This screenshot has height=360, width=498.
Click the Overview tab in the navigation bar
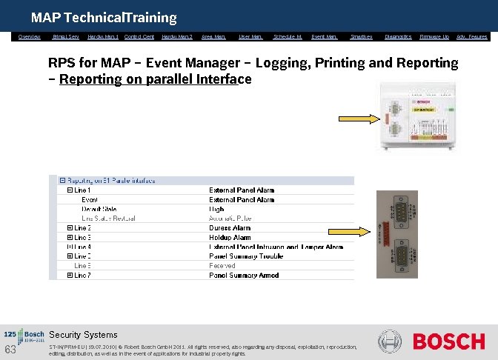click(x=30, y=36)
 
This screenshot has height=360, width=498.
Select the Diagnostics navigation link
click(x=398, y=36)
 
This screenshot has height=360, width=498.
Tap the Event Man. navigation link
click(x=325, y=36)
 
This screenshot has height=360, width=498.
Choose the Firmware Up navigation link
click(x=434, y=36)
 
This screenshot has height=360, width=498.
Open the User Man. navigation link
click(x=250, y=36)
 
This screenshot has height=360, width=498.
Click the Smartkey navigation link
click(x=362, y=36)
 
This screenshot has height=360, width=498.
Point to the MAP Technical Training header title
click(x=104, y=17)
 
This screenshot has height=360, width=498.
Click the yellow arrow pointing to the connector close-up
click(x=359, y=230)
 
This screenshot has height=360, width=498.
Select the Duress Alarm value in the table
click(x=230, y=228)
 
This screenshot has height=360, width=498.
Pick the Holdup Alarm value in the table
click(x=230, y=237)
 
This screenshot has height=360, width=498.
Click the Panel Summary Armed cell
click(x=244, y=275)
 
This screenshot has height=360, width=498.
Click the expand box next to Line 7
click(x=70, y=275)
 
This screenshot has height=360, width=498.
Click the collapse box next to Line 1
click(x=70, y=190)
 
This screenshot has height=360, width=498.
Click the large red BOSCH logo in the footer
click(x=448, y=341)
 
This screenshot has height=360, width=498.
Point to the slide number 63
click(x=10, y=349)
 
